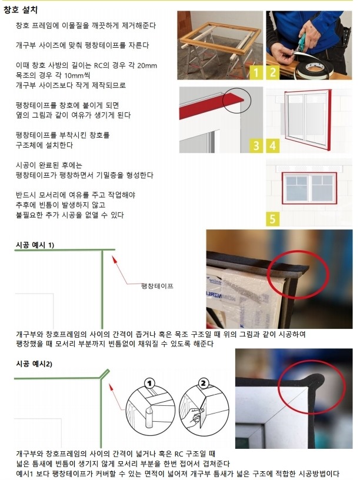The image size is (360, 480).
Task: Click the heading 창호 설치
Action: (21, 10)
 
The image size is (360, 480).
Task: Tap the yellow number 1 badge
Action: (256, 72)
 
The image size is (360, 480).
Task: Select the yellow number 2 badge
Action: (272, 72)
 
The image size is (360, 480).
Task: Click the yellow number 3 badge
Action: (256, 145)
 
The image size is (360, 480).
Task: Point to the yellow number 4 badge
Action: (272, 145)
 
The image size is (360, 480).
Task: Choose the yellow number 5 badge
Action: (272, 219)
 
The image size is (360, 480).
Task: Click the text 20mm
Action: (147, 65)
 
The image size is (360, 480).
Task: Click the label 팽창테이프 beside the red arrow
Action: (157, 286)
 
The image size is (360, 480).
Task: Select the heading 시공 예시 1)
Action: (35, 245)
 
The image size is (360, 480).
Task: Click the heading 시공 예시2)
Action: (34, 364)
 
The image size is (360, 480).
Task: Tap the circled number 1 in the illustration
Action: (149, 383)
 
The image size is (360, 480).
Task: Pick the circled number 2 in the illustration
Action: (204, 383)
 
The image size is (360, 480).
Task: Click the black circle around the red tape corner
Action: (236, 100)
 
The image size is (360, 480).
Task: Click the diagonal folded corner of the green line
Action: (104, 374)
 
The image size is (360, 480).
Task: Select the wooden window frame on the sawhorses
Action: (220, 38)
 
